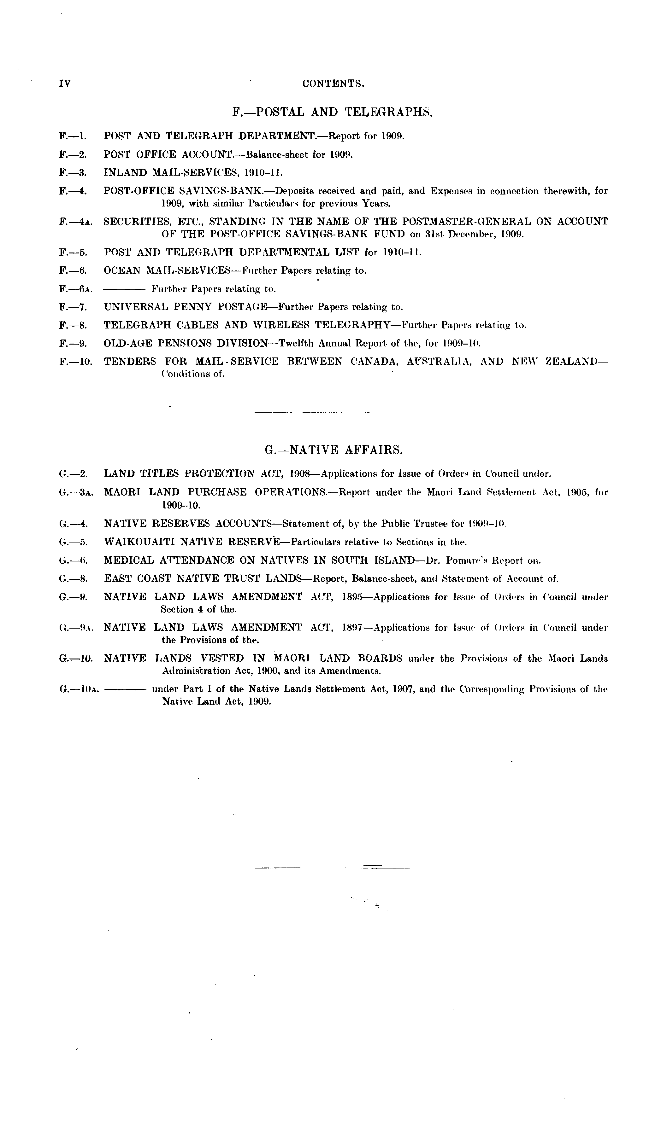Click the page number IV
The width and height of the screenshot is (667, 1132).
click(65, 84)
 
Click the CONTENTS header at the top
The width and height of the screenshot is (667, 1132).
click(333, 84)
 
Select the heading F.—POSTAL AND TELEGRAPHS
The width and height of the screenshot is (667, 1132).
click(333, 112)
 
